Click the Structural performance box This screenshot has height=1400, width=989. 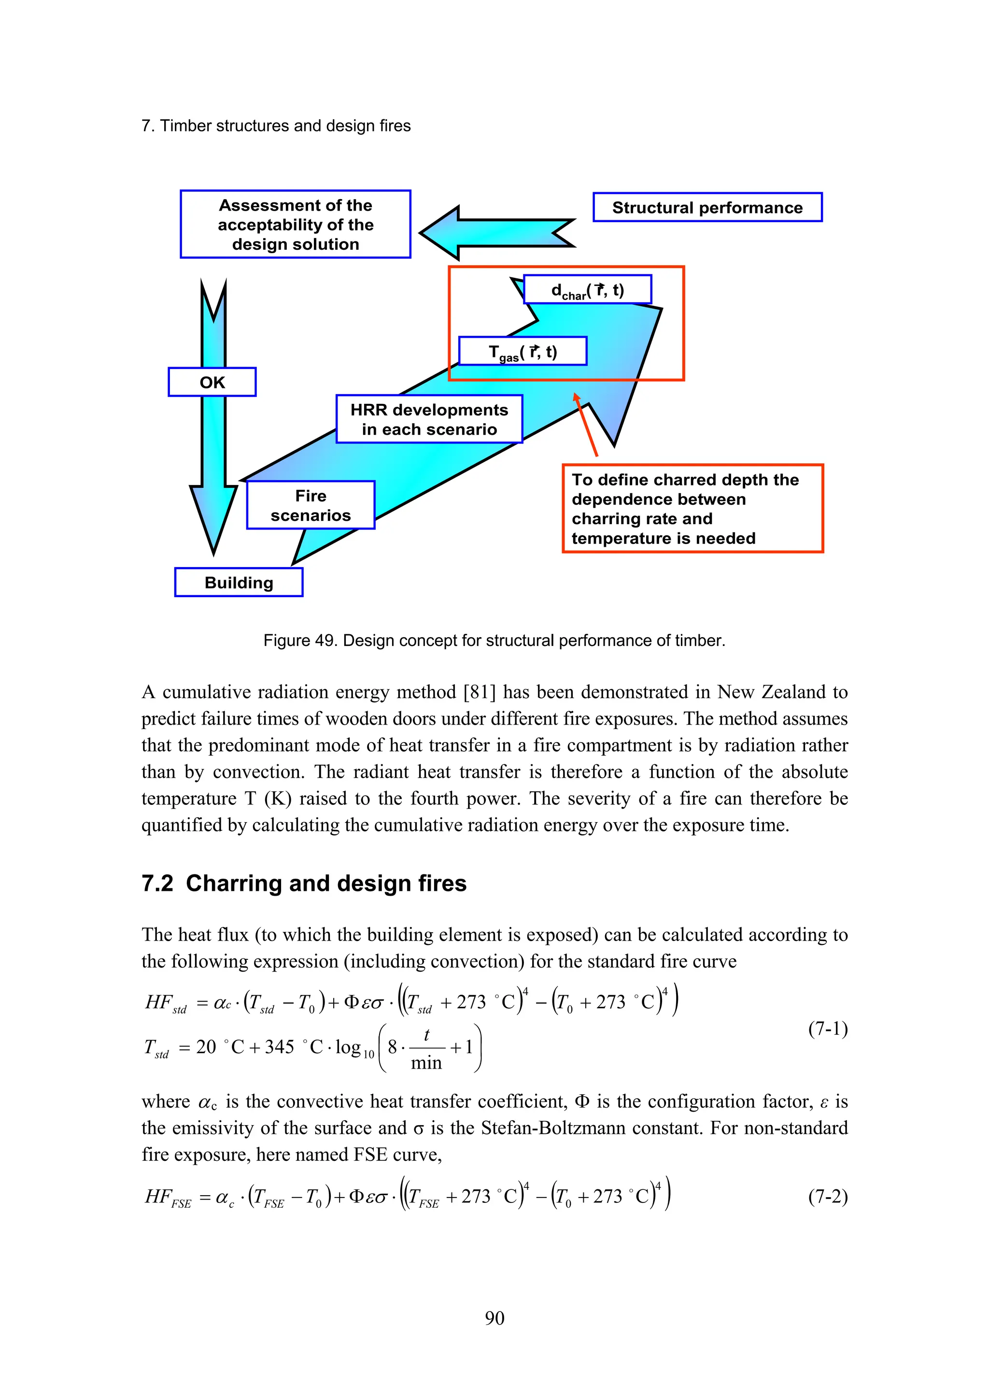pos(707,207)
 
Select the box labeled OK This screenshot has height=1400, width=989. pos(212,382)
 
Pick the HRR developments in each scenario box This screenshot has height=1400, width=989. pos(429,419)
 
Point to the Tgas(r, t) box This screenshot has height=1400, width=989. pos(522,351)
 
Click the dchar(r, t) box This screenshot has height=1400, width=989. pos(587,290)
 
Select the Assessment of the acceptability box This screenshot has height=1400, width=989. pos(296,224)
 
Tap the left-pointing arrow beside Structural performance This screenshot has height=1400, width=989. pos(496,233)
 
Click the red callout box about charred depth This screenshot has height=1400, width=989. pos(692,509)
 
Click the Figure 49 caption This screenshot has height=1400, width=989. pos(494,640)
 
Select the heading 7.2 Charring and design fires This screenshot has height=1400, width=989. pos(304,883)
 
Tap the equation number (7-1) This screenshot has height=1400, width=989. pos(828,1030)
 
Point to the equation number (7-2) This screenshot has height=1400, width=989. pos(828,1197)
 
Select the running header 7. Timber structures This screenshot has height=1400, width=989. pos(276,126)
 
